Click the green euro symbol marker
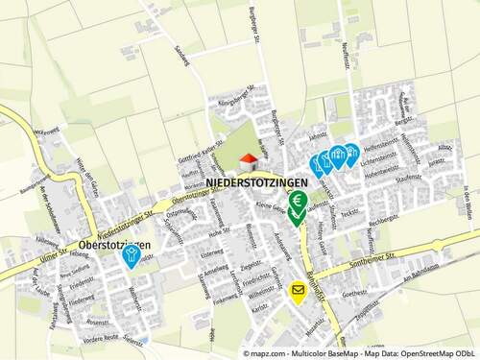coord(299,201)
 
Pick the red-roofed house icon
coord(247,159)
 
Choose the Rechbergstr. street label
coord(383,221)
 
